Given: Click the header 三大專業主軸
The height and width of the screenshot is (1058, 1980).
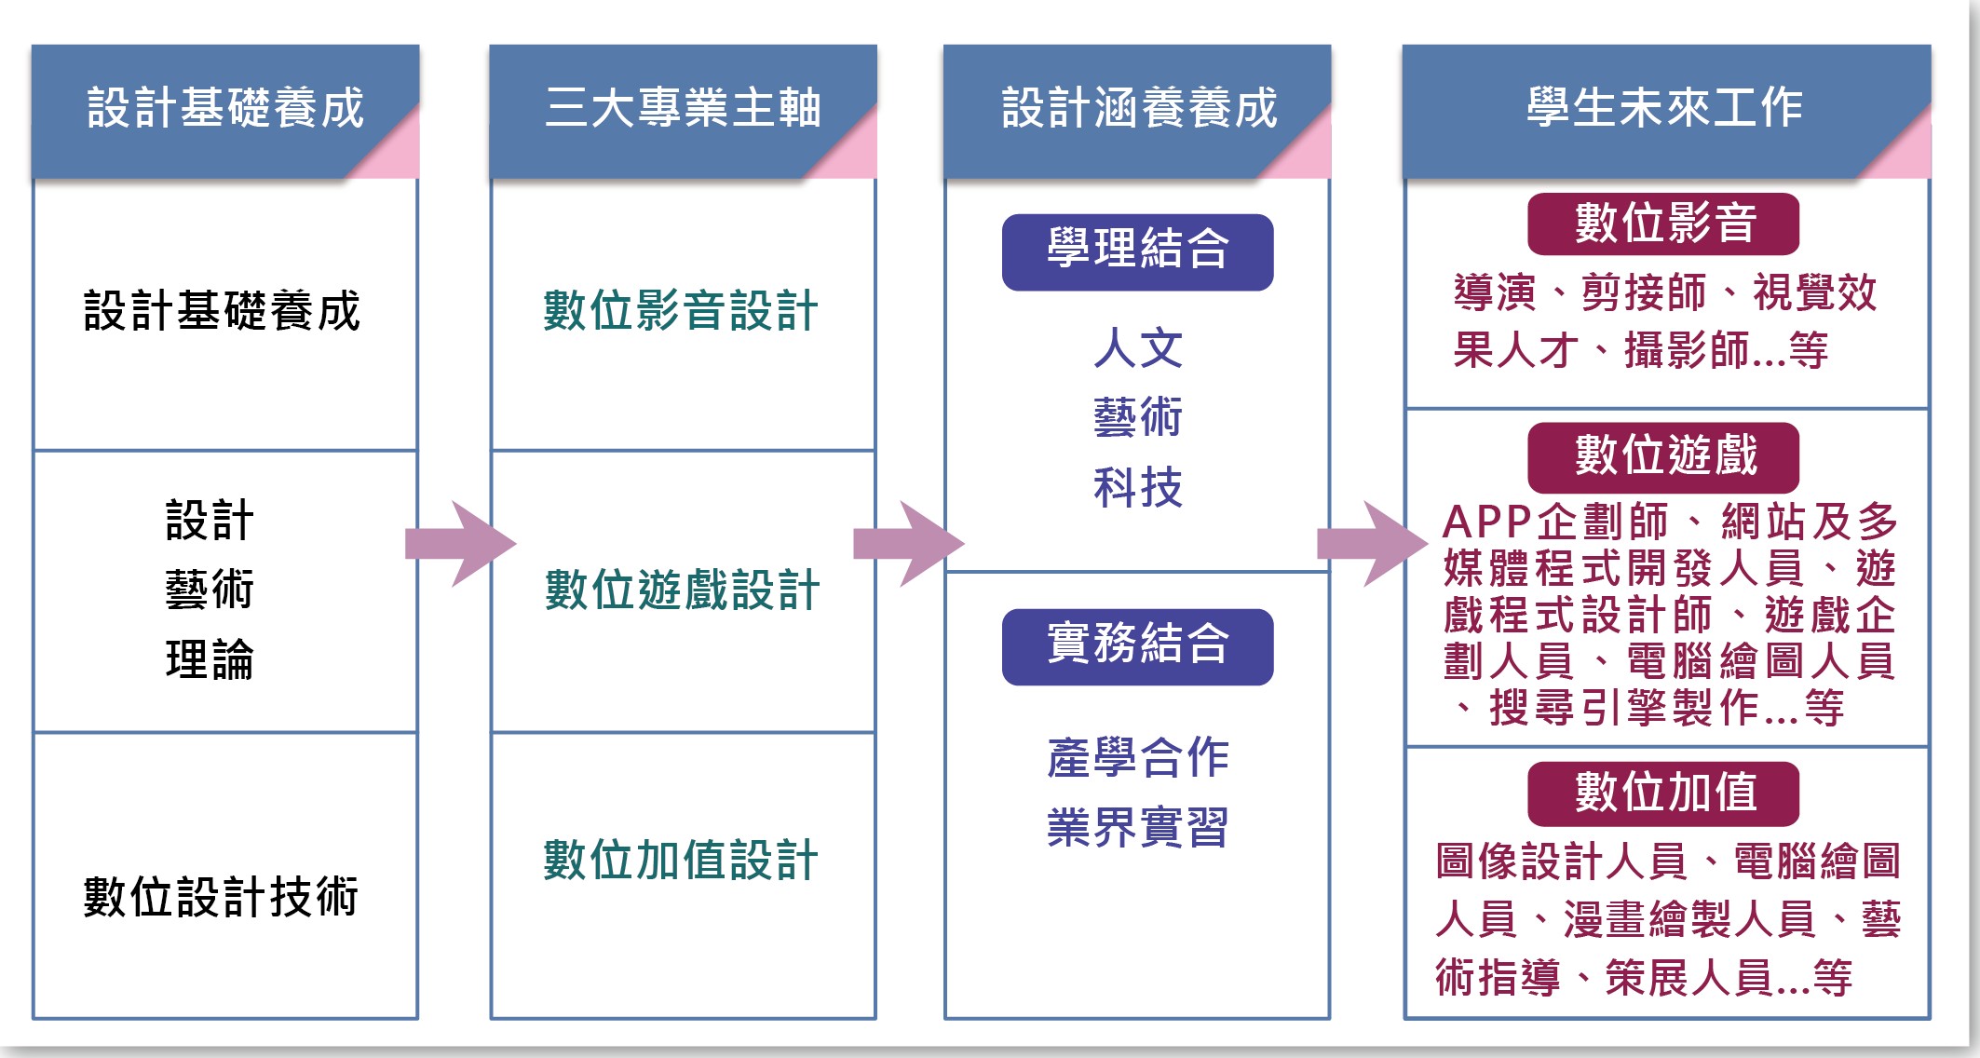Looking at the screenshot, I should coord(683,108).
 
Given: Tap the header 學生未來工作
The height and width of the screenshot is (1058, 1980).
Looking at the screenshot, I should coord(1664,108).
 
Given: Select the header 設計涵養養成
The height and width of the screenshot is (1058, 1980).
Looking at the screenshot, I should coord(1138,108).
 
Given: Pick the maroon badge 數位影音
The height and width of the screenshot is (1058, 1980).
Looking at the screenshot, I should coord(1663,224).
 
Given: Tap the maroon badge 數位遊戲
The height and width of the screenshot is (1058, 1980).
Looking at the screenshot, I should coord(1663,456).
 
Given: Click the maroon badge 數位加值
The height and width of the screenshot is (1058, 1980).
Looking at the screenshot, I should coord(1663,793).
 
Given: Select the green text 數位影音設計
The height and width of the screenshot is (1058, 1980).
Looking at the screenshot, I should coord(681,310).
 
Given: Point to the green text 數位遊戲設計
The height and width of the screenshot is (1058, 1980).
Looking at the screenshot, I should coord(682,590).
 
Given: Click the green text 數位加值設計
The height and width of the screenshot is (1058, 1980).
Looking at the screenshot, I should coord(681,860).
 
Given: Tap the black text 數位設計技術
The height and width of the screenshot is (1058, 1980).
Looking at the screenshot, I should coord(222,897).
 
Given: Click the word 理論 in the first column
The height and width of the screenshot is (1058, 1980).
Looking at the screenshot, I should coord(210,659).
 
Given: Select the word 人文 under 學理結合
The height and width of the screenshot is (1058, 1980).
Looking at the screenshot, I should coord(1137,348).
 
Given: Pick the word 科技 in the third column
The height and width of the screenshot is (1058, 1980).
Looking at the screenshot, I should coord(1137,487).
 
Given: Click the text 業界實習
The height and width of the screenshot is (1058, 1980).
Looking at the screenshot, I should coord(1137,827).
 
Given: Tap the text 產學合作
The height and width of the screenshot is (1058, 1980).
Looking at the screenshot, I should coord(1137,757).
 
